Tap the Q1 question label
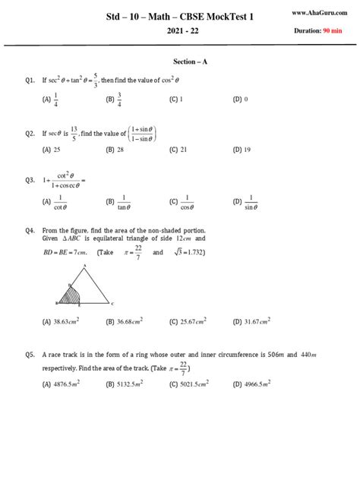30,78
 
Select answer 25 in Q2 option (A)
57,150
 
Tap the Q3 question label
30,180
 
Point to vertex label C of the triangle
112,303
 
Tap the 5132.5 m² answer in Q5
130,384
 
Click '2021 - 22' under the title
180,33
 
